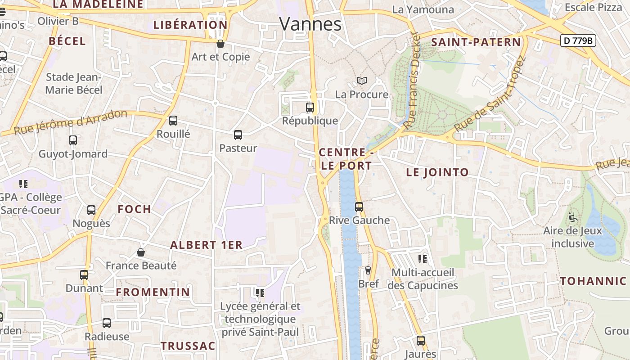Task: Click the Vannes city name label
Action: click(x=310, y=23)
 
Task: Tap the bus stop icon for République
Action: click(x=310, y=108)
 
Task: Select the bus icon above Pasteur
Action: click(x=238, y=135)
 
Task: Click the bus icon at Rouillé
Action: click(x=173, y=121)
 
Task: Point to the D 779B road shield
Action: click(x=579, y=40)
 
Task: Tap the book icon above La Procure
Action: click(x=362, y=81)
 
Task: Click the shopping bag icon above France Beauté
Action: click(x=141, y=252)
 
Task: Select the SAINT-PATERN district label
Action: click(x=476, y=42)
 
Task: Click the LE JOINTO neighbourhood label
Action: click(x=437, y=172)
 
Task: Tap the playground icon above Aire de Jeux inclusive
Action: click(x=572, y=218)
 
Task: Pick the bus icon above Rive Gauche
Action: click(x=359, y=207)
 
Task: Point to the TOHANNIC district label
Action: click(x=593, y=281)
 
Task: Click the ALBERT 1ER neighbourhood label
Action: click(x=206, y=245)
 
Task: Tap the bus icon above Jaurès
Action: click(x=421, y=341)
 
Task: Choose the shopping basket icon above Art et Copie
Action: click(x=220, y=44)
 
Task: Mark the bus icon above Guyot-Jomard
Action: click(x=73, y=140)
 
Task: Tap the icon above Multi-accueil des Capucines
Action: click(x=423, y=259)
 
